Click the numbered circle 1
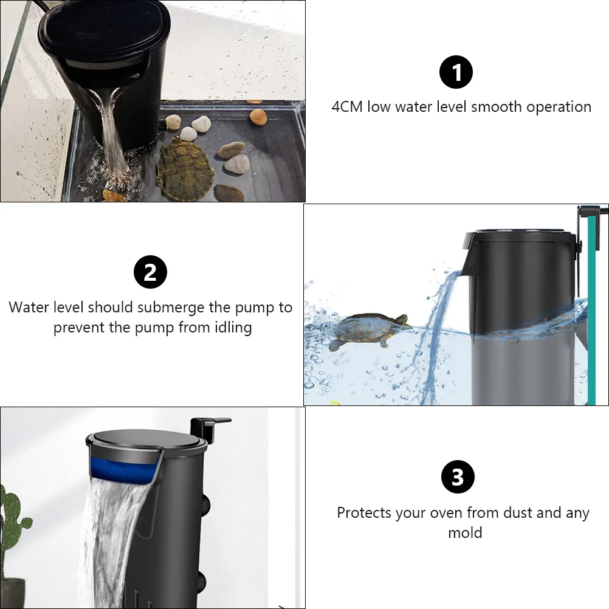(x=456, y=74)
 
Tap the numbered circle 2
(x=150, y=272)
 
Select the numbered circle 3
(x=457, y=477)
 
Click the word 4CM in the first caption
(x=347, y=107)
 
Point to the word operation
(x=559, y=107)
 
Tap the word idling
(x=232, y=328)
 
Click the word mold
(x=465, y=533)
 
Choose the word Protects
(x=364, y=513)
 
